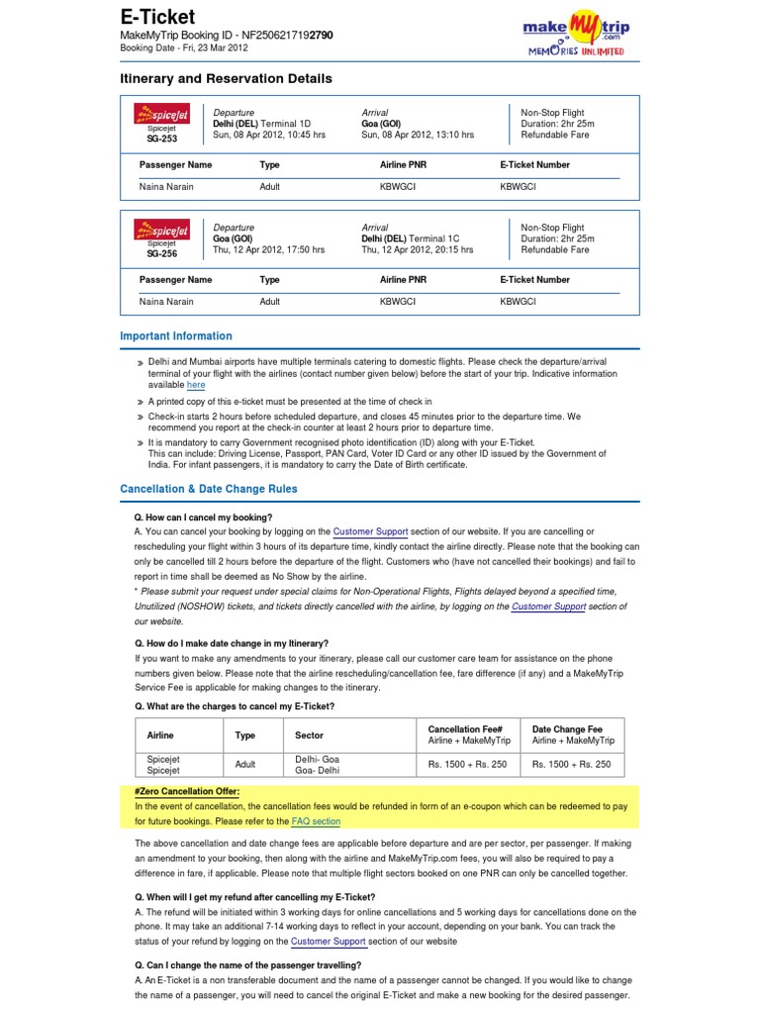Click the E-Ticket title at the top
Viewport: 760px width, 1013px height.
tap(157, 17)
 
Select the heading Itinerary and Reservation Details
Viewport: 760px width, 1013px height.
tap(226, 78)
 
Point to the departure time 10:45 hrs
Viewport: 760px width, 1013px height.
tap(304, 136)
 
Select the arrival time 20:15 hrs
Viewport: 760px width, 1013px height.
tap(450, 250)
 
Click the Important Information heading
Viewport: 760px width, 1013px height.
tap(176, 336)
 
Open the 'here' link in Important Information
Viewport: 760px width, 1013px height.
tap(196, 386)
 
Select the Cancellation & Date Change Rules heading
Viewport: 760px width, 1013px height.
tap(209, 489)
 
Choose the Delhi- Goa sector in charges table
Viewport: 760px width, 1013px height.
tap(317, 758)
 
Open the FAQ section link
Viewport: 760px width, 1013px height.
tap(316, 821)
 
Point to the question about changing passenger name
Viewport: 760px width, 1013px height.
tap(247, 965)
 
